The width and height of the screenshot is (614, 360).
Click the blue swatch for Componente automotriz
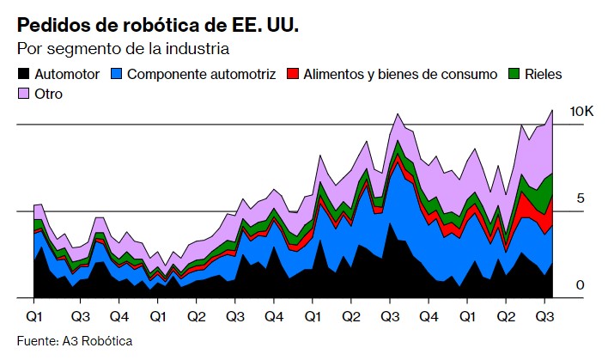(x=118, y=75)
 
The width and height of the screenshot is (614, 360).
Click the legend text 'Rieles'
(x=544, y=75)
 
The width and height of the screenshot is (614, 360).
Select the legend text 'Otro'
(x=51, y=93)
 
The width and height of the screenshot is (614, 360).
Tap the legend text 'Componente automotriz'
(x=202, y=75)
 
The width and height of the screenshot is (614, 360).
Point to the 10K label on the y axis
(x=581, y=112)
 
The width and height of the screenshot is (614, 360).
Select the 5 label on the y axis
(x=580, y=198)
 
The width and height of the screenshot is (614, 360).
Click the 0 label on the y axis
(x=580, y=285)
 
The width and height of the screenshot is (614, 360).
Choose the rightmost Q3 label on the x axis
(x=545, y=315)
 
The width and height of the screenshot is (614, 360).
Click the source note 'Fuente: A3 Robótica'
(x=75, y=341)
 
